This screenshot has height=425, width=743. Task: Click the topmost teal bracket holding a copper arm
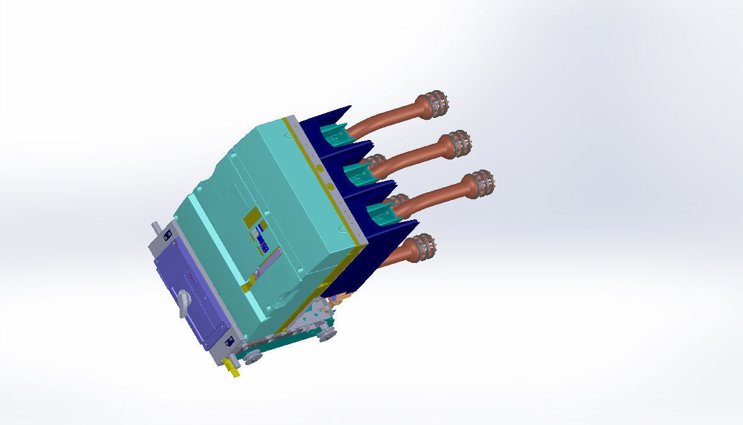pos(334,134)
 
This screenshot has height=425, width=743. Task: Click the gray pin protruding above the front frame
pos(154,228)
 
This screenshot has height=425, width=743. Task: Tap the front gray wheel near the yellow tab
pos(253,358)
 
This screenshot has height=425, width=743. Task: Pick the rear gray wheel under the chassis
pos(326,335)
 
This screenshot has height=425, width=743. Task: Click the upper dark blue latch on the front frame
pos(167,235)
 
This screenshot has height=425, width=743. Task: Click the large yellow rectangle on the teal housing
pos(252,216)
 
